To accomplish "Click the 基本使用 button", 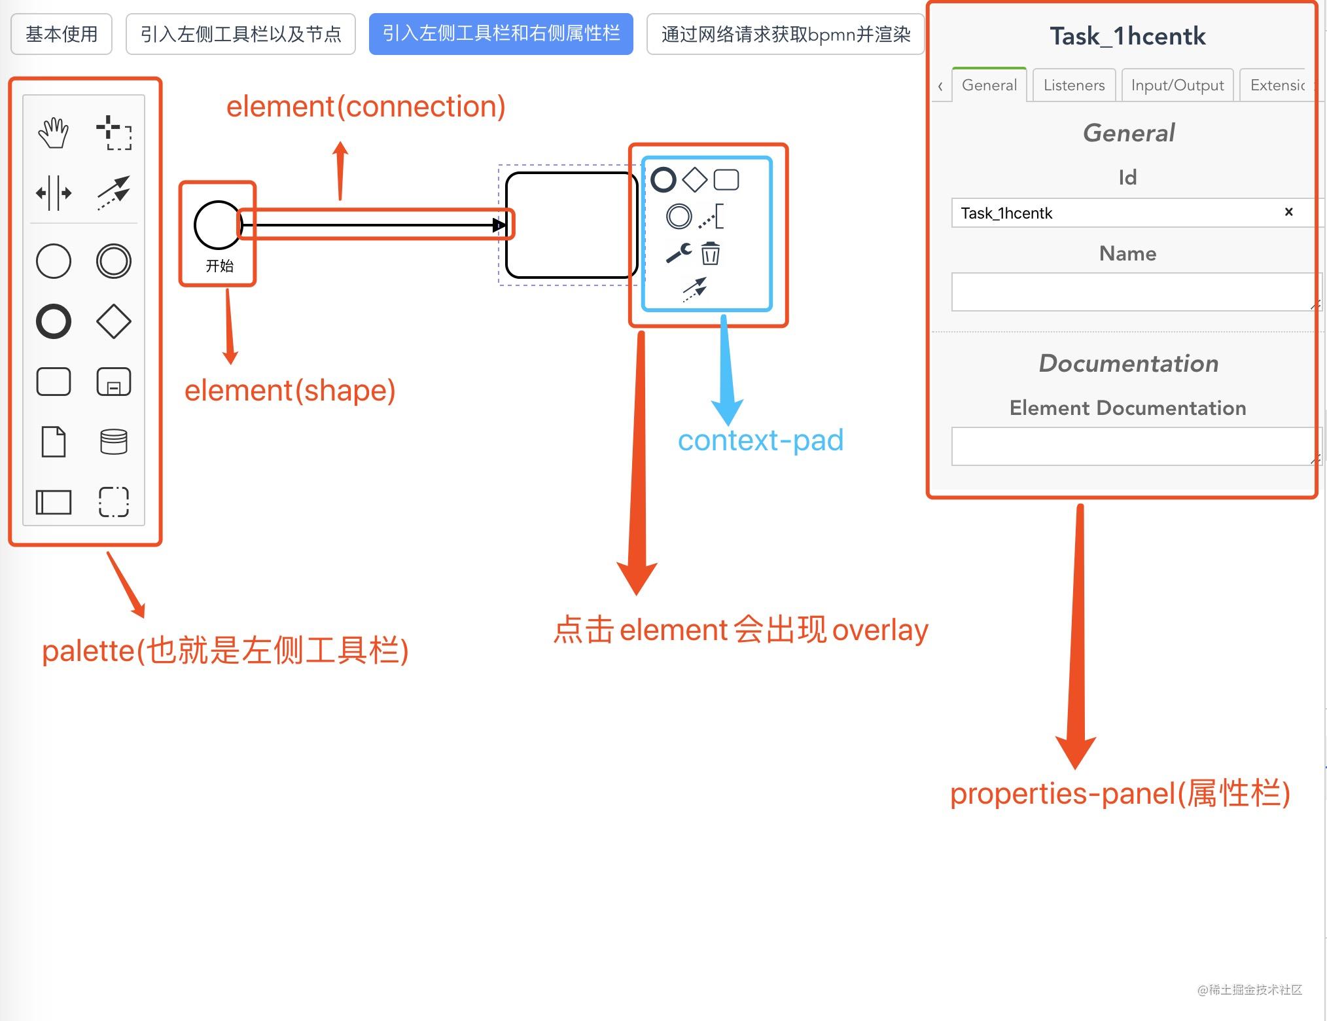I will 62,34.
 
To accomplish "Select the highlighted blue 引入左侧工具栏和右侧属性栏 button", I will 501,34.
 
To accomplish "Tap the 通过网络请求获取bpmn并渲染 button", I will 785,34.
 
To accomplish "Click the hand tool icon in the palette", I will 54,133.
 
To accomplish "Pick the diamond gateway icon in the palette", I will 114,321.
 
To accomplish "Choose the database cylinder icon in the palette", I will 114,442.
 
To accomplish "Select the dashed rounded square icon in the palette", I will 114,502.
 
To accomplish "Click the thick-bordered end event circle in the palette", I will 54,321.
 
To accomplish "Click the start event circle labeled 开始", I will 218,225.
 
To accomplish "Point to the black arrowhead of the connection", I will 499,225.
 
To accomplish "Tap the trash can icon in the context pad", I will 710,253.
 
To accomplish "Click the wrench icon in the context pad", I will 679,253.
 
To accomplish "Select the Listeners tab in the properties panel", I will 1074,85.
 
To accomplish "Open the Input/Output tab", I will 1177,85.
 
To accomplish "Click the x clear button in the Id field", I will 1288,212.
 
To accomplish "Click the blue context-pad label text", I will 760,440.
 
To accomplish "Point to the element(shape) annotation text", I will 290,391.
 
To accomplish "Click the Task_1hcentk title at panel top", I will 1127,37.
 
